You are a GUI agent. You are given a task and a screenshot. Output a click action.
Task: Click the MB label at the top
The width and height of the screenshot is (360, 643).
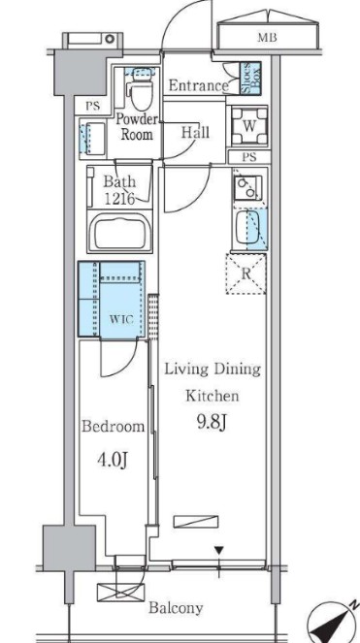[267, 38]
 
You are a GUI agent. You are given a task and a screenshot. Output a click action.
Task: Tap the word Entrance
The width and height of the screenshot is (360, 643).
[199, 85]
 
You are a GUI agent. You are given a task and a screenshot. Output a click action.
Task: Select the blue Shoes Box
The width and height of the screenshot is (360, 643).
[250, 79]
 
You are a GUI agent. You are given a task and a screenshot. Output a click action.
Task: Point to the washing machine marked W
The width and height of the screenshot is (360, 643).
[249, 126]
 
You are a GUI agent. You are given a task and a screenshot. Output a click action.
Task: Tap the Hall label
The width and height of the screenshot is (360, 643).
[195, 132]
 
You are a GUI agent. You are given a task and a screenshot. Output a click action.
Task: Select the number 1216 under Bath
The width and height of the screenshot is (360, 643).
[120, 199]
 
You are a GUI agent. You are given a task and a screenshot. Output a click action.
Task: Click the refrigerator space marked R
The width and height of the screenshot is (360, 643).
[245, 273]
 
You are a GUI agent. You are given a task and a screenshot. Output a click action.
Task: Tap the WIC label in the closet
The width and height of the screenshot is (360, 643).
[122, 319]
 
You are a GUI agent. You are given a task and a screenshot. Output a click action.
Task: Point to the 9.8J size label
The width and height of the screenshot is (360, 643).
[212, 423]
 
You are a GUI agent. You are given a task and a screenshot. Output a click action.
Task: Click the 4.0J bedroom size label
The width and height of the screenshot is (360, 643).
[113, 460]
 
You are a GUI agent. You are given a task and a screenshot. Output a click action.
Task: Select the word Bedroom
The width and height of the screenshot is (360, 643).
[113, 427]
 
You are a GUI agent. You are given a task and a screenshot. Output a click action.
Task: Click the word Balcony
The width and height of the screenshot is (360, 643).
[176, 607]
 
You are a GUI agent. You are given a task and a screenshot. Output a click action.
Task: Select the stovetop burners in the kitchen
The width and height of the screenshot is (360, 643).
[247, 187]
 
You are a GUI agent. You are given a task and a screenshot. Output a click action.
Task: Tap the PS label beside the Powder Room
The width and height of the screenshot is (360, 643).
[93, 107]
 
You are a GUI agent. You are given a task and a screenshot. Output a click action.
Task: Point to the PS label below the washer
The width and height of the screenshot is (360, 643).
[249, 157]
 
